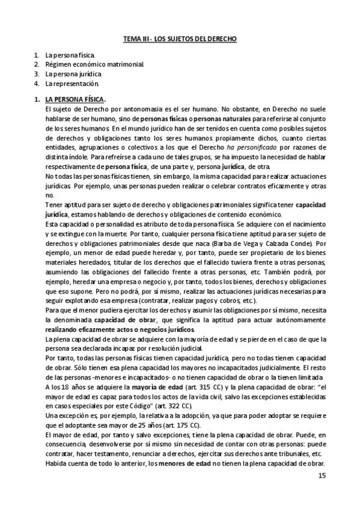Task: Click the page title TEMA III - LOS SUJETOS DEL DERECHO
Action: pos(180,38)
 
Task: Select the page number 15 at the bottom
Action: pos(322,476)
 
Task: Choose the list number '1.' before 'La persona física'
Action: pos(37,55)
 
